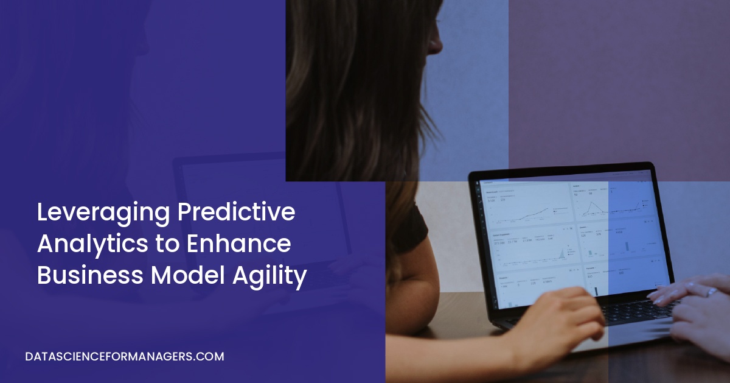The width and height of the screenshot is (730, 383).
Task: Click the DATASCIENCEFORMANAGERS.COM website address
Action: click(125, 357)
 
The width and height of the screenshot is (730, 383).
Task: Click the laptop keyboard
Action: click(633, 312)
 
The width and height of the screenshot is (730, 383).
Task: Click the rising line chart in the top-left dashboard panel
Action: click(535, 210)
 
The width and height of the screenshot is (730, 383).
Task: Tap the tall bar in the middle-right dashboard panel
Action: click(627, 247)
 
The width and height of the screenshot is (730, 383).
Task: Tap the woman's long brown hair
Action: click(359, 91)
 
